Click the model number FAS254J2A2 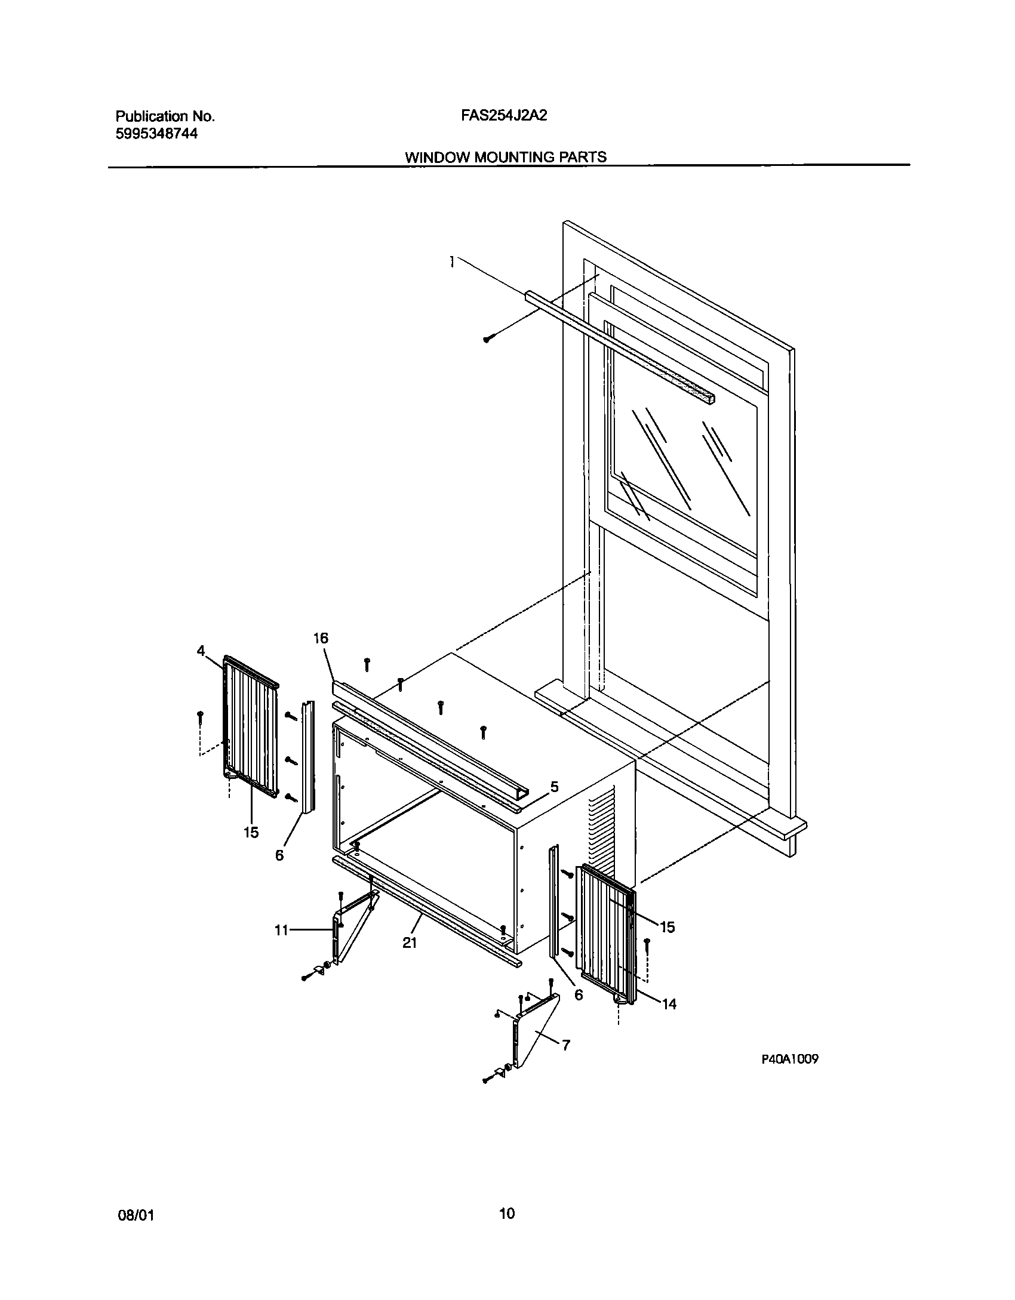point(504,116)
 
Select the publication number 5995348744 point(156,134)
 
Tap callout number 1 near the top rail point(453,261)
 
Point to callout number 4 point(201,651)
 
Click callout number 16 point(321,638)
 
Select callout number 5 point(554,787)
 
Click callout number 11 point(281,930)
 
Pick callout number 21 point(409,942)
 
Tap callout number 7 point(565,1045)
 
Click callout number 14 point(669,1005)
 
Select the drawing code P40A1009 point(789,1059)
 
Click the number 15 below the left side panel point(251,832)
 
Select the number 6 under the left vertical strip point(279,855)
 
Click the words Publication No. point(164,116)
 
